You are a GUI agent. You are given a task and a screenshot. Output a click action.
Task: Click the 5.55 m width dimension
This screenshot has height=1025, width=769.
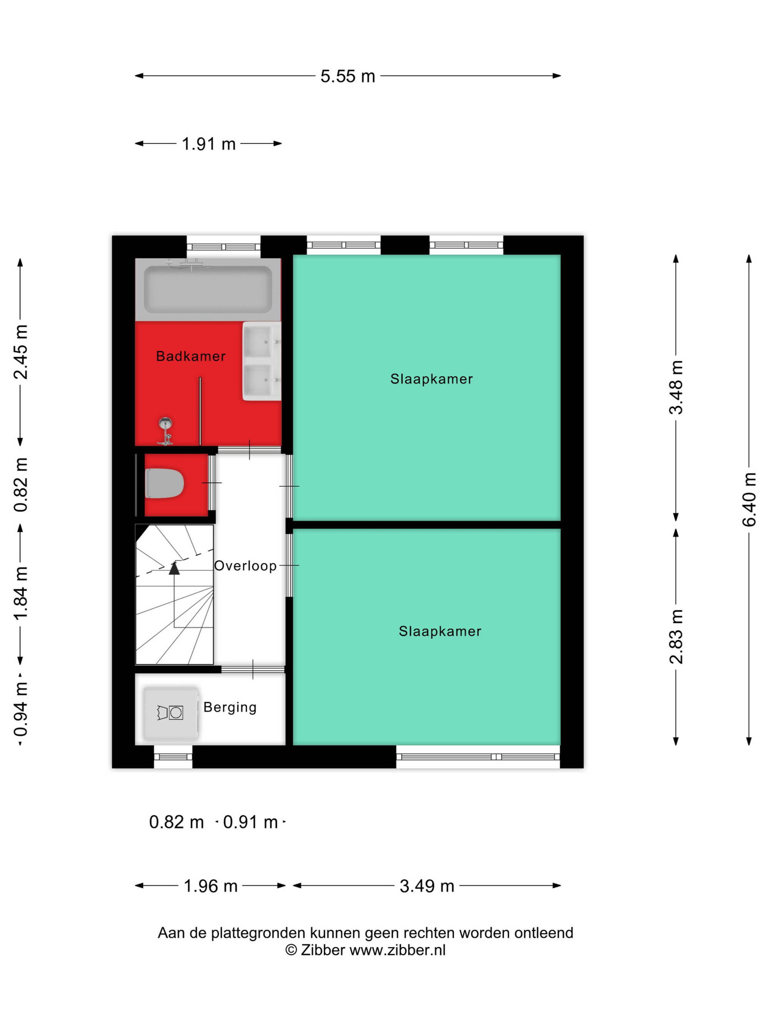[x=348, y=76]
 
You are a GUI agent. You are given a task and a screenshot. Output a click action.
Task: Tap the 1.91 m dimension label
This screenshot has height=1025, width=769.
[x=208, y=144]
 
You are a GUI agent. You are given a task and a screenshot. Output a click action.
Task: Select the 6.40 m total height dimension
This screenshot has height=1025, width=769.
[x=749, y=500]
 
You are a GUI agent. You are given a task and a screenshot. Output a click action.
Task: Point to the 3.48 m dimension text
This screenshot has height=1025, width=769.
[x=676, y=387]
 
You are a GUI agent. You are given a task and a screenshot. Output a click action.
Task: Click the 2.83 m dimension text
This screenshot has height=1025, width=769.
[x=676, y=637]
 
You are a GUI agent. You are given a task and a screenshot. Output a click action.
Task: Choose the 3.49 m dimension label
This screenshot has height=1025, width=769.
[x=427, y=886]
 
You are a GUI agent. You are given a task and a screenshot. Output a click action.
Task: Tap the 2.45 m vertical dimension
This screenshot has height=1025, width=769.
[x=20, y=352]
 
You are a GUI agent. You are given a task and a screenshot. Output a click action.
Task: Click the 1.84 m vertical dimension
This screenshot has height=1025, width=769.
[x=20, y=593]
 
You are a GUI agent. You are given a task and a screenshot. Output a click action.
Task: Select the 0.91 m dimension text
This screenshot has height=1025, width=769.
[x=250, y=822]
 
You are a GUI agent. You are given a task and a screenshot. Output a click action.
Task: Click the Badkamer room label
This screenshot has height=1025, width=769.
[x=191, y=356]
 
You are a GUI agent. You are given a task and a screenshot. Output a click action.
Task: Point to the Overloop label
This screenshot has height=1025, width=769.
[x=245, y=566]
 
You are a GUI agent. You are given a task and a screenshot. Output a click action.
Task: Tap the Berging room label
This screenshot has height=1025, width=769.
[x=230, y=708]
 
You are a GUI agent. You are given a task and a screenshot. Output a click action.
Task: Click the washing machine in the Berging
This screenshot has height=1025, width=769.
[x=171, y=713]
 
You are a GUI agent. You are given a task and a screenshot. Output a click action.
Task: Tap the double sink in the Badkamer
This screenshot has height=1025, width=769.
[x=261, y=361]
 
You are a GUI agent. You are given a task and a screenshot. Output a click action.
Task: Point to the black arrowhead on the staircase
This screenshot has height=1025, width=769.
[x=174, y=568]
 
